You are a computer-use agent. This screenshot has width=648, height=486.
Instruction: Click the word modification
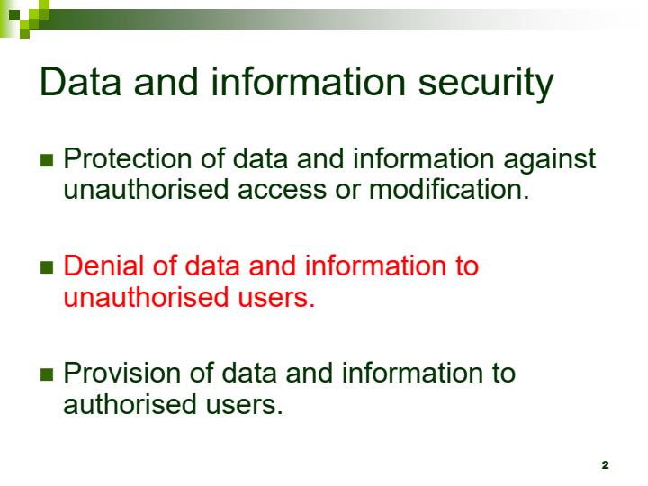click(x=449, y=190)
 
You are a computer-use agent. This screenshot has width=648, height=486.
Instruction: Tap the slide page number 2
click(x=605, y=464)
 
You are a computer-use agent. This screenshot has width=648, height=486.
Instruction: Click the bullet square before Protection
click(x=49, y=162)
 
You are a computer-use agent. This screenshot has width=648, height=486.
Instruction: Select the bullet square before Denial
click(x=49, y=269)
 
